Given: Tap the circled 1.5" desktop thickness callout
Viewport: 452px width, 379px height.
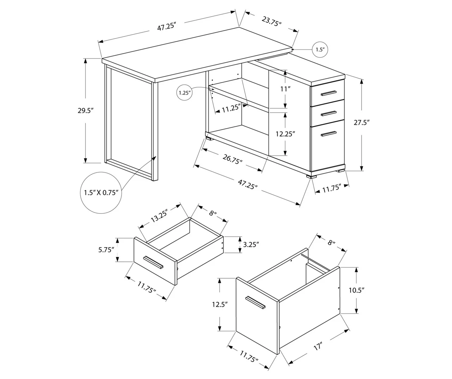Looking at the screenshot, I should pyautogui.click(x=320, y=49).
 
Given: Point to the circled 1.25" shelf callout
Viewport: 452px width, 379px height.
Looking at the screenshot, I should pyautogui.click(x=184, y=93).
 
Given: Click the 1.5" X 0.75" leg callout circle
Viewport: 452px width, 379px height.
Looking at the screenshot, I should pyautogui.click(x=101, y=193).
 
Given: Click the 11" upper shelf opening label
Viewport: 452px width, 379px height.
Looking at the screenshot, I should pyautogui.click(x=285, y=89).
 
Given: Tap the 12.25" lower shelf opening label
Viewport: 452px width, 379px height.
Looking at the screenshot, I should pyautogui.click(x=285, y=134).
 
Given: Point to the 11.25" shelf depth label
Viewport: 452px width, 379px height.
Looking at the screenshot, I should pyautogui.click(x=231, y=109).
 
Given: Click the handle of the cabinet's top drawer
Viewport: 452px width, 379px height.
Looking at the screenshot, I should pyautogui.click(x=328, y=93).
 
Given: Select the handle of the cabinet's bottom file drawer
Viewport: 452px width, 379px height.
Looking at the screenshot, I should pyautogui.click(x=328, y=133).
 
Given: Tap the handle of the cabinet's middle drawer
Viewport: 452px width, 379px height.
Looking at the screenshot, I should pyautogui.click(x=328, y=113).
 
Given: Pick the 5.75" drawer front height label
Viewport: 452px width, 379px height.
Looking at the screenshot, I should pyautogui.click(x=107, y=250).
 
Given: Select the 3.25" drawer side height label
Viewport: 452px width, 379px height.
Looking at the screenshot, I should pyautogui.click(x=251, y=244).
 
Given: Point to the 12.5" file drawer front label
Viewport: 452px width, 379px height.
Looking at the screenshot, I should pyautogui.click(x=219, y=304).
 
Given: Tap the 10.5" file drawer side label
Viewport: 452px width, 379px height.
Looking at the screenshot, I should pyautogui.click(x=356, y=290).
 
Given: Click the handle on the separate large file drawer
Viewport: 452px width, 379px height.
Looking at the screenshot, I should pyautogui.click(x=255, y=302).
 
